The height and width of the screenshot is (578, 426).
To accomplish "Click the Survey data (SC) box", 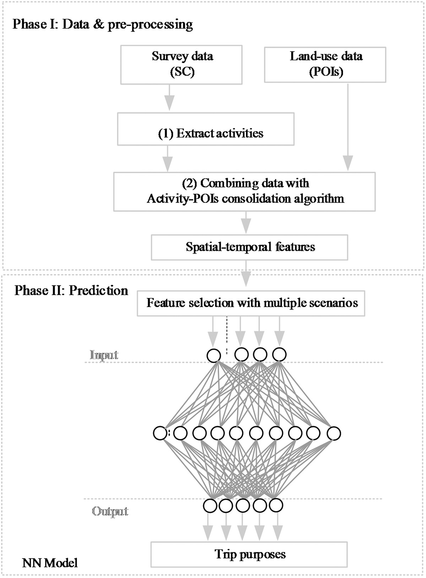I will (181, 64).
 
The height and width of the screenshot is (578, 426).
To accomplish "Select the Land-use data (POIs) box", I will (325, 64).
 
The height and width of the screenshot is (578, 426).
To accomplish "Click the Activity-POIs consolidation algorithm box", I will (244, 192).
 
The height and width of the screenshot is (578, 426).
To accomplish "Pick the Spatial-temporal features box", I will (250, 247).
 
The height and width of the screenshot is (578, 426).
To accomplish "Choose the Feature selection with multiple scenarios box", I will (251, 303).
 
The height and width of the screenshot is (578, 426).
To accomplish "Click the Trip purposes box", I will (249, 554).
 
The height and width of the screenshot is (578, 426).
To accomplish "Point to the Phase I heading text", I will (103, 24).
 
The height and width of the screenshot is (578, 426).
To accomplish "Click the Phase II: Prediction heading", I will (71, 291).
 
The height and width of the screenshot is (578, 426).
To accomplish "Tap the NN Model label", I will (50, 563).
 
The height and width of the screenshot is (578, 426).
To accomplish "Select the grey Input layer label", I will (104, 355).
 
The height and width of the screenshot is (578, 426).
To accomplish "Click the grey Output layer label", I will (110, 512).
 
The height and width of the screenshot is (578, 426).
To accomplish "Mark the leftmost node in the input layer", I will (214, 356).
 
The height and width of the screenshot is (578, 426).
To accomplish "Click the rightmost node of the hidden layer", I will (334, 433).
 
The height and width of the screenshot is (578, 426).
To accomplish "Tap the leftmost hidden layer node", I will (160, 433).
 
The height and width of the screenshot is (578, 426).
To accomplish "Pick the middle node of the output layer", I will (243, 505).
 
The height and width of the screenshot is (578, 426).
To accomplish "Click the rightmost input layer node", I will (279, 354).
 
